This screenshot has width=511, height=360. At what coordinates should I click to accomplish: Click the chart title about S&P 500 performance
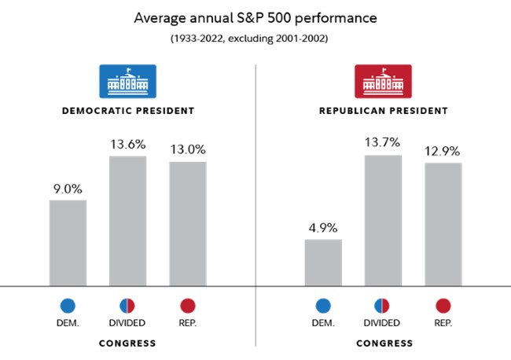click(x=255, y=17)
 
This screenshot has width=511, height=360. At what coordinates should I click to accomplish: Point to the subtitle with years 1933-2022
click(x=255, y=37)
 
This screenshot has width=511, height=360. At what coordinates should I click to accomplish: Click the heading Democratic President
click(x=127, y=111)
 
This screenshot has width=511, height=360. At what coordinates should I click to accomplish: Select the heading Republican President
click(x=384, y=111)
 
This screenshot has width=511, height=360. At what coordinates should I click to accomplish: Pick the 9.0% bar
click(x=68, y=243)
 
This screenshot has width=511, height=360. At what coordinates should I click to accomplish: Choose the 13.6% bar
click(x=127, y=221)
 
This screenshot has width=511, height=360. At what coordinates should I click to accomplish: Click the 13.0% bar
click(x=187, y=224)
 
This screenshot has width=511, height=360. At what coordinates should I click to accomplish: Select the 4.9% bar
click(x=323, y=263)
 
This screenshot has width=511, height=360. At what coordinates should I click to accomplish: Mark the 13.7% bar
click(x=384, y=221)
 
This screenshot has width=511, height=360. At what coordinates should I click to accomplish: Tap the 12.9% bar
click(x=443, y=225)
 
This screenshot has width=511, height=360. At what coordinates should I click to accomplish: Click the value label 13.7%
click(x=384, y=142)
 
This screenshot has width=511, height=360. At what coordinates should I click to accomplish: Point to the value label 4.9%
click(x=323, y=228)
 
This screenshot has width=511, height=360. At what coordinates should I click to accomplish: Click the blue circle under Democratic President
click(x=68, y=306)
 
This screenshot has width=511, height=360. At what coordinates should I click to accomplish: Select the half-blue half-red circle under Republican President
click(x=384, y=306)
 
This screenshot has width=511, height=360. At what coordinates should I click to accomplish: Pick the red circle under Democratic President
click(x=187, y=306)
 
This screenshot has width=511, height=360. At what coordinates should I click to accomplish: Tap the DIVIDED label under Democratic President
click(x=127, y=323)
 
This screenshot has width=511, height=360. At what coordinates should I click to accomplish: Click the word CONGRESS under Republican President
click(x=384, y=343)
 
